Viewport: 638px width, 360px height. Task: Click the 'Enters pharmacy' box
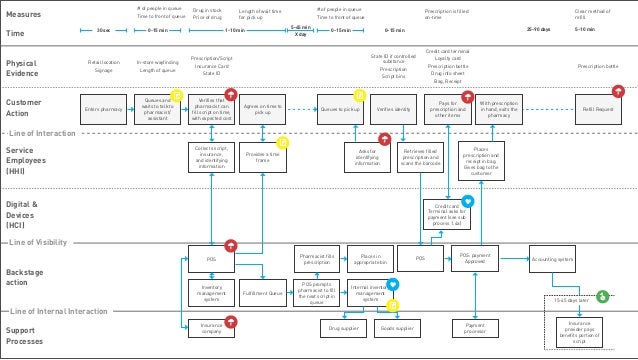point(104,107)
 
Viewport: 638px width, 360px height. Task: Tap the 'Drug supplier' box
point(344,327)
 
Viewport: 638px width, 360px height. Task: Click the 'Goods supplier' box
point(397,327)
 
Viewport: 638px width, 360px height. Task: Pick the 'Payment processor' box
point(469,327)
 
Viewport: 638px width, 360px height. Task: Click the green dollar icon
point(602,296)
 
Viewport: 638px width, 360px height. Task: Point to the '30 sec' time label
point(104,31)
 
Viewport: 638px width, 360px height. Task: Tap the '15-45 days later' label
point(571,301)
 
